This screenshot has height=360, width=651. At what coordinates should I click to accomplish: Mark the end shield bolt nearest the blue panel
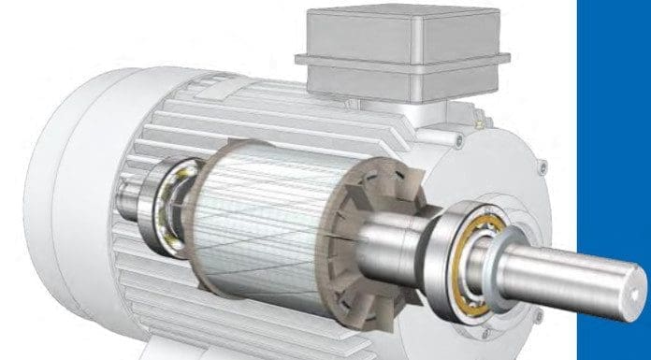click(541, 168)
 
